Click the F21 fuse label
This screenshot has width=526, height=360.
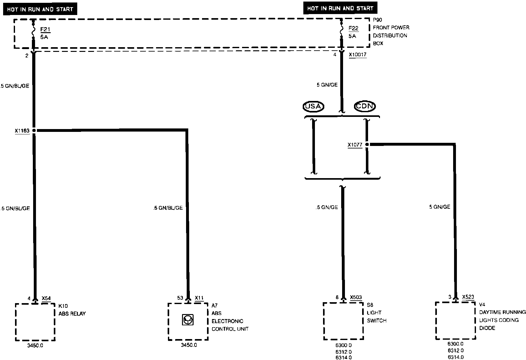click(x=45, y=30)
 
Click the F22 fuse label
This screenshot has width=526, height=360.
click(x=353, y=28)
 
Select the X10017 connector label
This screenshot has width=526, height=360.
click(x=357, y=55)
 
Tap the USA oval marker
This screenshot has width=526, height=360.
click(x=313, y=106)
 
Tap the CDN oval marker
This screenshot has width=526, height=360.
click(x=365, y=106)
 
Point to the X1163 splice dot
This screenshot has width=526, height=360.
click(x=34, y=130)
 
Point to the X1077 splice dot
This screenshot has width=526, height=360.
click(x=367, y=144)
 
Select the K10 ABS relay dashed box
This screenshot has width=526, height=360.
click(x=35, y=322)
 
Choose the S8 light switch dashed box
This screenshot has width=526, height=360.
click(x=343, y=321)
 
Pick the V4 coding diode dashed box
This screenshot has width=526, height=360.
click(x=455, y=321)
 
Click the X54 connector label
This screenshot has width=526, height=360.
click(x=46, y=298)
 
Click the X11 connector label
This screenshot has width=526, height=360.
click(x=199, y=298)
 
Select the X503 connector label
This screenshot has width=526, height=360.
click(x=356, y=297)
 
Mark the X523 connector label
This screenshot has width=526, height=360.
click(x=468, y=297)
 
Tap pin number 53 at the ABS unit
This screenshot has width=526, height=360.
click(x=180, y=298)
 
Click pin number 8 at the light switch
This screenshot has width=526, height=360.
click(x=337, y=297)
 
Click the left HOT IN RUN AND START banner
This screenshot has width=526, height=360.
click(x=40, y=9)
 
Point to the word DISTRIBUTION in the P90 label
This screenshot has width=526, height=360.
click(x=390, y=36)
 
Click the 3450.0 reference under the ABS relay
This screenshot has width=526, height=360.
click(x=35, y=346)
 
